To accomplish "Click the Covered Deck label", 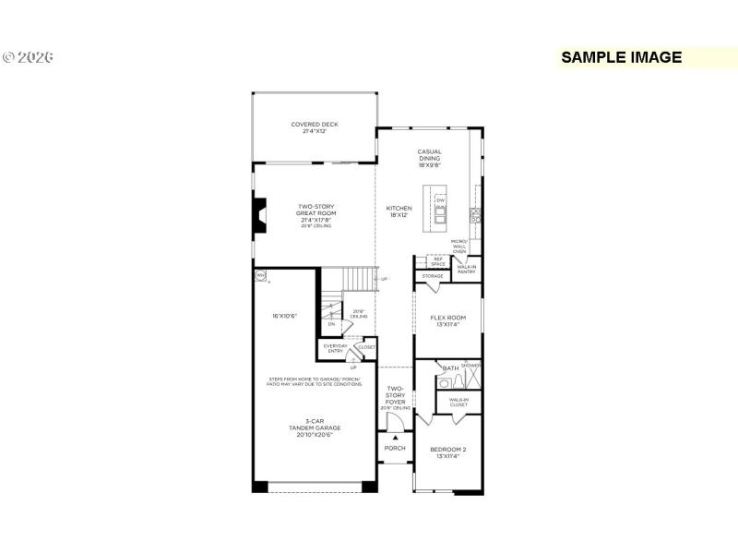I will point(315,127).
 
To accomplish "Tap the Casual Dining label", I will point(429,158).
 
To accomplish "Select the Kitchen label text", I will point(399,211).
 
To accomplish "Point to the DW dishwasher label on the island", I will point(440,199).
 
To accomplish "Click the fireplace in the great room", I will point(261,216).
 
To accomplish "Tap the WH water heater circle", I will point(260,274).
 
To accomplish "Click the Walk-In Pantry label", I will point(466,270).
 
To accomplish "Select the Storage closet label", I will point(433,276).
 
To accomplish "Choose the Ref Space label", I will point(438,261).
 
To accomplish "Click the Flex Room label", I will point(447,320).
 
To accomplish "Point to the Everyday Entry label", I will point(335,349).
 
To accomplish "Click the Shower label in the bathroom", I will point(470,366).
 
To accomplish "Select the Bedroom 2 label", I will point(447,452).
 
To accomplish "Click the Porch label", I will point(395,448).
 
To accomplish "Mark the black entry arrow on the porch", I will point(395,437).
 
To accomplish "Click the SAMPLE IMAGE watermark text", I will point(621,57).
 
